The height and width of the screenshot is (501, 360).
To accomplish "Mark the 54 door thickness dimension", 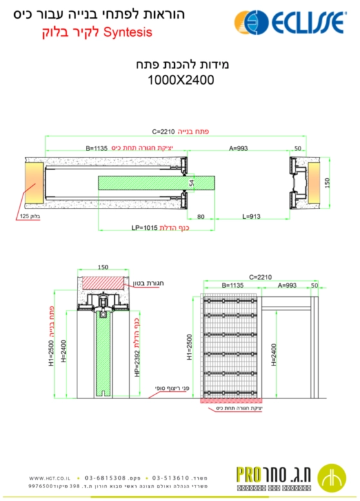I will click(191, 184).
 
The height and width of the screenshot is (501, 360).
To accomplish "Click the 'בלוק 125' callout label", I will click(30, 216).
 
